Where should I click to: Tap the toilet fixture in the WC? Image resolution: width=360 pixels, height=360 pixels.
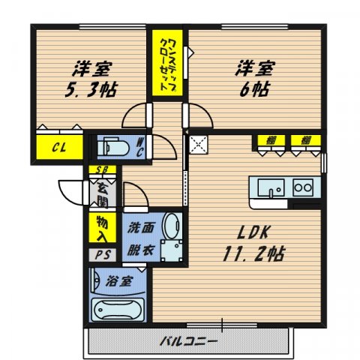pyautogui.click(x=113, y=145)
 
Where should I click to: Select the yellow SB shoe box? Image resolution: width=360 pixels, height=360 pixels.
pyautogui.click(x=100, y=169)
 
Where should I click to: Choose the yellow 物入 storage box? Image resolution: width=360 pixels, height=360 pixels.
pyautogui.click(x=100, y=228)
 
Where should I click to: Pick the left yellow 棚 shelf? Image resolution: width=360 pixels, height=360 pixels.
pyautogui.click(x=267, y=139)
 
